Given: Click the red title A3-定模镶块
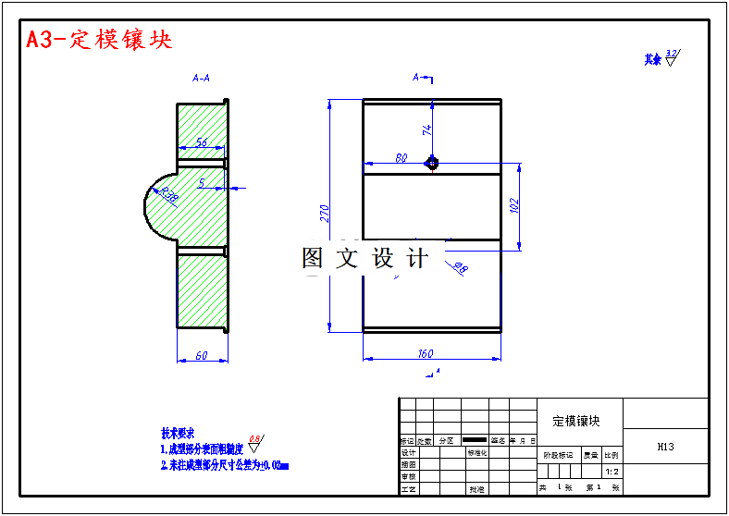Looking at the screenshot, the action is click(x=99, y=40).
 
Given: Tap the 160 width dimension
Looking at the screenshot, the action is click(x=426, y=353).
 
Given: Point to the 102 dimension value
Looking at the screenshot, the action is click(x=515, y=205).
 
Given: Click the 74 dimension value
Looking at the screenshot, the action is click(x=427, y=129).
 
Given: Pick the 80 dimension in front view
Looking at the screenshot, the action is click(x=402, y=158).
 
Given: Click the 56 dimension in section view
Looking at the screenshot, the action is click(x=200, y=143).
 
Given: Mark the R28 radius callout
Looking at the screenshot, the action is click(x=169, y=195).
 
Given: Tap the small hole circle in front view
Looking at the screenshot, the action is click(x=431, y=163).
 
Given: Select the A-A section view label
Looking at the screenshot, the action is click(x=201, y=79).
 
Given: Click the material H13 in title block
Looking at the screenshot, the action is click(x=665, y=447).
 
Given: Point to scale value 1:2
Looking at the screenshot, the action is click(x=612, y=471).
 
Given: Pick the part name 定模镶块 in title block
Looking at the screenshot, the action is click(x=576, y=421).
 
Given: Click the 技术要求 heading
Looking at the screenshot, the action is click(x=178, y=433).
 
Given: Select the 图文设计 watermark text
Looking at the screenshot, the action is click(x=365, y=259).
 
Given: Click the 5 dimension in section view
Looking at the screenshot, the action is click(x=201, y=183).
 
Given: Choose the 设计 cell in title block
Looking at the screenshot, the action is click(x=408, y=453).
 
